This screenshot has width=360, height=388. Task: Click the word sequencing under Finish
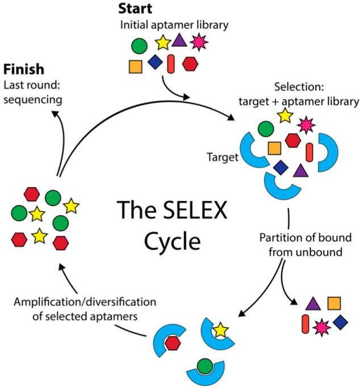(x=32, y=99)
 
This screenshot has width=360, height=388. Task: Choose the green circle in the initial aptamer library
(x=139, y=45)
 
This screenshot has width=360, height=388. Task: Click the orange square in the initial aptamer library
(x=135, y=66)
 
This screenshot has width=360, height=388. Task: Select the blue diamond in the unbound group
(x=340, y=322)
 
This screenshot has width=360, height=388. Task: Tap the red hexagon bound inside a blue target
(x=173, y=343)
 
